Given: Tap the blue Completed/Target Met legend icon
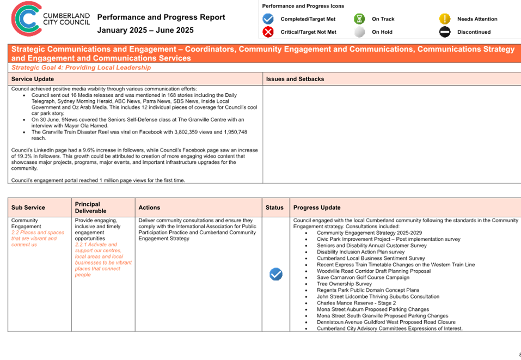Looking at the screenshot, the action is (x=268, y=19).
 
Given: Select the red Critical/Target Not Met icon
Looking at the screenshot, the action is (x=268, y=32).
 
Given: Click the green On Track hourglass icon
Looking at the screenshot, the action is (x=359, y=19).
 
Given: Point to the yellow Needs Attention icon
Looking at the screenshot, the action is (x=445, y=19).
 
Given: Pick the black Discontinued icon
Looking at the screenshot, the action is (x=445, y=32).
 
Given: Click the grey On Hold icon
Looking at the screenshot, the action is (x=359, y=32).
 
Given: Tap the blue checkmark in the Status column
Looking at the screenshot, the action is (x=276, y=274).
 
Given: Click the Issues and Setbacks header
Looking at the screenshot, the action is (x=295, y=79).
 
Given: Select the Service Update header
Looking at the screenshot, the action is (x=33, y=79).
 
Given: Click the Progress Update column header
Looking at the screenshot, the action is (x=317, y=208).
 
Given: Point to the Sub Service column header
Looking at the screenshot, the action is (x=28, y=208).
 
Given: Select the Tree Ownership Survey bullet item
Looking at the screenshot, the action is (x=344, y=284).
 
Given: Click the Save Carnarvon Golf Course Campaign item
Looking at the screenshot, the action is (x=363, y=278).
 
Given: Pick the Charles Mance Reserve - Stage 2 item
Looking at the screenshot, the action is (x=356, y=303).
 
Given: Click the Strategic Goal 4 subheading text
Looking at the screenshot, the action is (x=81, y=68).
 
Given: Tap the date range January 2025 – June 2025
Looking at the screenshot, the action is (x=145, y=30).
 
